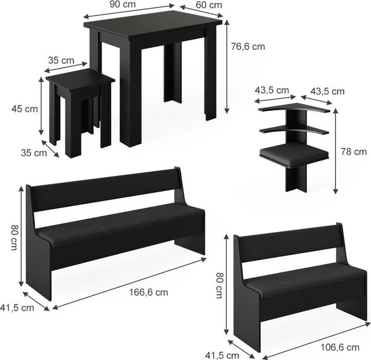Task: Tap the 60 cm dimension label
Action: pyautogui.click(x=209, y=5)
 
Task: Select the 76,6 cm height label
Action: pyautogui.click(x=248, y=46)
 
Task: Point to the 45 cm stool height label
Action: pyautogui.click(x=25, y=109)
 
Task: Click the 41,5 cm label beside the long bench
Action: pyautogui.click(x=17, y=307)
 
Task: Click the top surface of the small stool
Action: pyautogui.click(x=80, y=80)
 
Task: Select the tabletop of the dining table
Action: pyautogui.click(x=153, y=23)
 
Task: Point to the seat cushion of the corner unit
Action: pyautogui.click(x=294, y=153)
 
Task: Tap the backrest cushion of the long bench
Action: pyautogui.click(x=106, y=191)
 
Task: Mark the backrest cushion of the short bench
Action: pyautogui.click(x=289, y=248)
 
